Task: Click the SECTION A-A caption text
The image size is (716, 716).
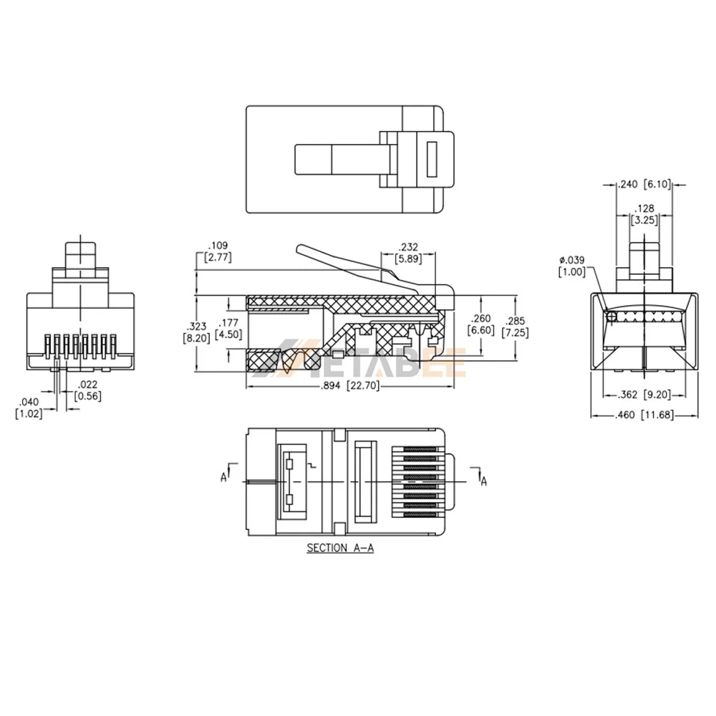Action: click(341, 548)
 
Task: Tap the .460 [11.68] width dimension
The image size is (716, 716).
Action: click(644, 415)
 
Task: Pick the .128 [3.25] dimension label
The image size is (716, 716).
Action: click(644, 214)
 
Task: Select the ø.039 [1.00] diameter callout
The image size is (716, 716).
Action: click(572, 265)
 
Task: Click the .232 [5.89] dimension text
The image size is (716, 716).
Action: click(409, 253)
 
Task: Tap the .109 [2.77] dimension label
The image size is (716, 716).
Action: click(218, 251)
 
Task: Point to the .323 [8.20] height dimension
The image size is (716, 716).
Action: click(196, 332)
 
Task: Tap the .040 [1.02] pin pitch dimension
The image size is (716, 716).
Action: click(29, 408)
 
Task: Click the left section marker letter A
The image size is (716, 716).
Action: click(224, 475)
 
